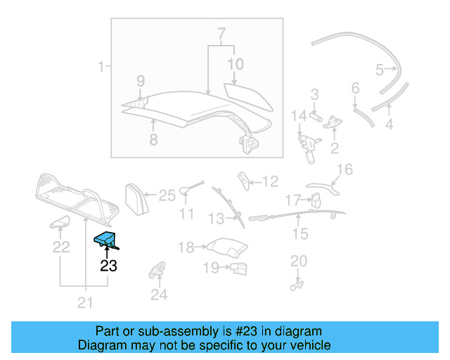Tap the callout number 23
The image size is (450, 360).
pos(109,266)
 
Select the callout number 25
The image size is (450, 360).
pos(167,196)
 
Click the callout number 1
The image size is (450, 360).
pos(101,67)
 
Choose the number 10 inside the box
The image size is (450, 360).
pos(235,65)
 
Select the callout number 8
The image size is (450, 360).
pos(153,139)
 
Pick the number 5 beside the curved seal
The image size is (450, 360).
pos(380,70)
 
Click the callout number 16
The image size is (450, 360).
pos(344,169)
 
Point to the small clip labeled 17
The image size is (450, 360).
pos(315,200)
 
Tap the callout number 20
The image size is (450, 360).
pos(299,261)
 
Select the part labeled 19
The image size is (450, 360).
pos(239,267)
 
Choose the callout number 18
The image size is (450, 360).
pos(186,247)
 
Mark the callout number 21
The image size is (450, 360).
pos(85,303)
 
